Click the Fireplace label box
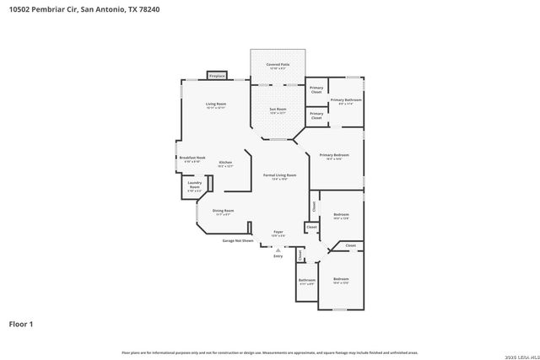[216, 75]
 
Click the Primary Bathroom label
[345, 99]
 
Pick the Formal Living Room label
[279, 175]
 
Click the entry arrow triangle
[278, 249]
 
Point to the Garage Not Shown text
[238, 240]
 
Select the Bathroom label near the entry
[306, 281]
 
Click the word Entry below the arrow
[278, 255]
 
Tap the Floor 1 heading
[21, 323]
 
